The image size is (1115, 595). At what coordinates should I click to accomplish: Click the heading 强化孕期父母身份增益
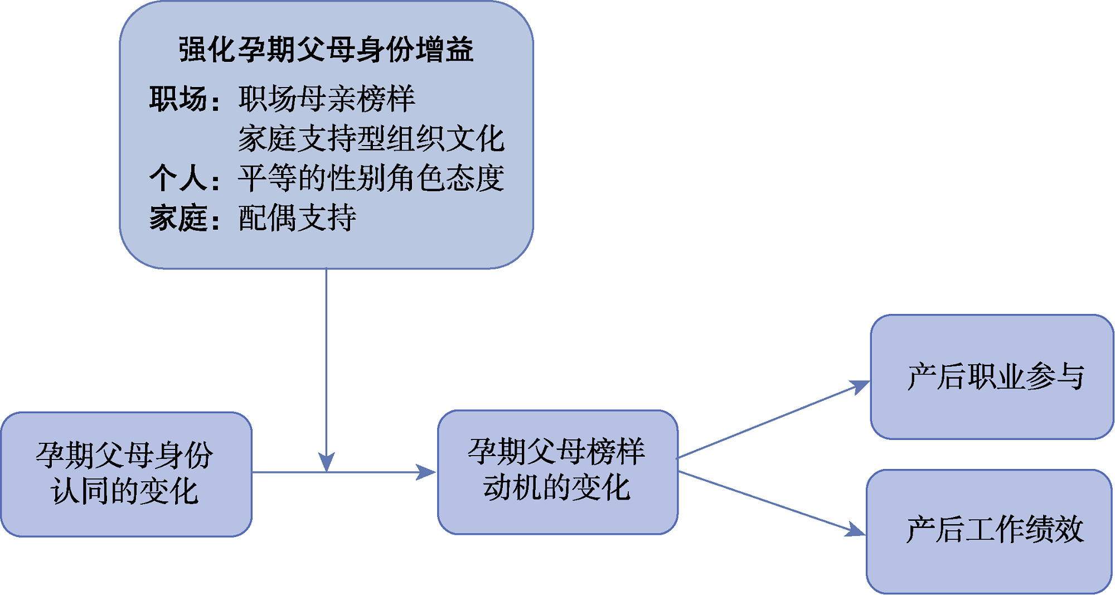tap(326, 50)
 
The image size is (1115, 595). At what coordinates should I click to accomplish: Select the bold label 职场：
tap(184, 99)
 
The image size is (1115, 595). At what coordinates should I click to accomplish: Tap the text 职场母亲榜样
tap(327, 99)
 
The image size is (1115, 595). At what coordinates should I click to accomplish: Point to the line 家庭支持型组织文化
tap(371, 139)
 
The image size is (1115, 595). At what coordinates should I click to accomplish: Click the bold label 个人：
tap(184, 178)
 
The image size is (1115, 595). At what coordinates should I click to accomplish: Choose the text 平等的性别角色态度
tap(371, 178)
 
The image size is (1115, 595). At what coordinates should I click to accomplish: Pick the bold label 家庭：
tap(184, 218)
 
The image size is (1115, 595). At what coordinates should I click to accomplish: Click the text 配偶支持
tap(297, 218)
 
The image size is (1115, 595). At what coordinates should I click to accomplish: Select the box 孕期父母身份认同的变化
tap(126, 475)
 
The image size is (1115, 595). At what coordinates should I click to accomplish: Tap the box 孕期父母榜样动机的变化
tap(557, 472)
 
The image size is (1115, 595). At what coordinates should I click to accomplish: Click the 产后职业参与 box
tap(992, 377)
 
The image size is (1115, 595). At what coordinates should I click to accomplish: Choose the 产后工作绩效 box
tap(989, 531)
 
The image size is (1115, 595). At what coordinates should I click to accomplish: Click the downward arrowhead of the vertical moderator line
tap(326, 462)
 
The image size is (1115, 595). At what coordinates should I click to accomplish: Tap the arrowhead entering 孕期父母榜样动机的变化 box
tap(426, 472)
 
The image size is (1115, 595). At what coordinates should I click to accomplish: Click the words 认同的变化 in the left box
tap(124, 492)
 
